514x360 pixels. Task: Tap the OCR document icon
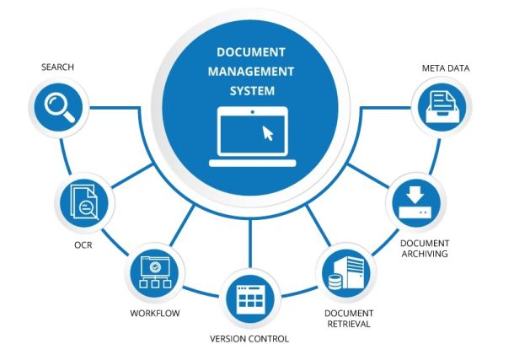click(83, 203)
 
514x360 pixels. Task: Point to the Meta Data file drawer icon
click(443, 108)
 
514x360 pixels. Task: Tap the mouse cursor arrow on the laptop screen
click(268, 132)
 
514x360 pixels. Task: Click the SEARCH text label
click(57, 66)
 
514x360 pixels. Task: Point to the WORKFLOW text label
click(155, 314)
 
